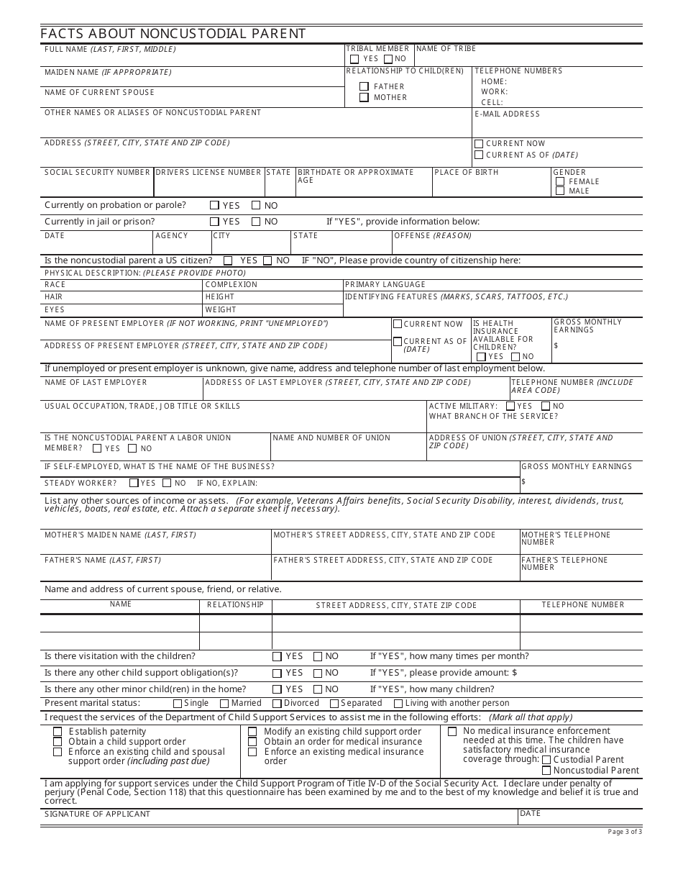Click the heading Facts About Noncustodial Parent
[x=173, y=34]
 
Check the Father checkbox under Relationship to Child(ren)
[x=365, y=86]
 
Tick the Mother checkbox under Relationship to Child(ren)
[x=365, y=97]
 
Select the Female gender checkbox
[x=560, y=182]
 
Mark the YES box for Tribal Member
[x=354, y=59]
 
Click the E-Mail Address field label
[x=507, y=114]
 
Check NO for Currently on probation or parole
[x=256, y=205]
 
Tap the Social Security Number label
[x=97, y=173]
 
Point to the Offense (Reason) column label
[x=433, y=236]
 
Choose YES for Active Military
[x=510, y=407]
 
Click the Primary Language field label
[x=385, y=285]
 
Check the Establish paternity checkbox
[x=58, y=732]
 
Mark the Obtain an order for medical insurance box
[x=252, y=742]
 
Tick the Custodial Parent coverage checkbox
[x=547, y=760]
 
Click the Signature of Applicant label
[x=97, y=814]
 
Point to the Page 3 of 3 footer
[x=624, y=832]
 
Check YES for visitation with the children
[x=277, y=657]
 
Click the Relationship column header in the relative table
[x=235, y=605]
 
